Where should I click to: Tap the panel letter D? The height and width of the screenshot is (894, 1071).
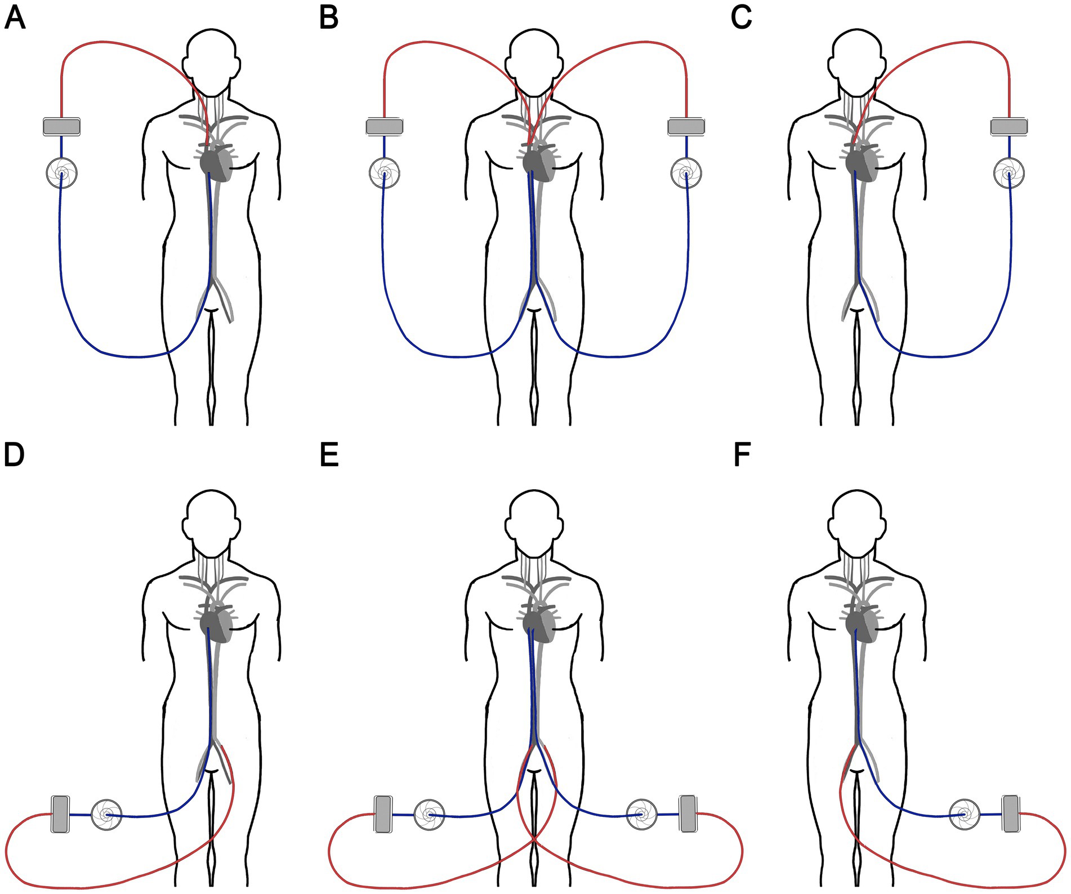(x=14, y=455)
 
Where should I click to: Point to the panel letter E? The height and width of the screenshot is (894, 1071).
(x=329, y=455)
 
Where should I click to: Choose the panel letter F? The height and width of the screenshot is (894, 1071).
(x=742, y=455)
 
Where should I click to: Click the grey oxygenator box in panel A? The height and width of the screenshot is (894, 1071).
(x=61, y=126)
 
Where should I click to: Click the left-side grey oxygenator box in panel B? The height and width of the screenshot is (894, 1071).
(x=384, y=126)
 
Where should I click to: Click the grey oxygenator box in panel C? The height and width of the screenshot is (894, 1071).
(x=1008, y=126)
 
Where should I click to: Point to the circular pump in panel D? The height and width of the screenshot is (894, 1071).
(x=106, y=814)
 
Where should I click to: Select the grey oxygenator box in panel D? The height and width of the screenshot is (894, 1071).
(x=60, y=814)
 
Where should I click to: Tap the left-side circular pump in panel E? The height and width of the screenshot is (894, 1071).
(x=429, y=814)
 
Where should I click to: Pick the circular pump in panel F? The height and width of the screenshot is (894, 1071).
(x=965, y=814)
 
